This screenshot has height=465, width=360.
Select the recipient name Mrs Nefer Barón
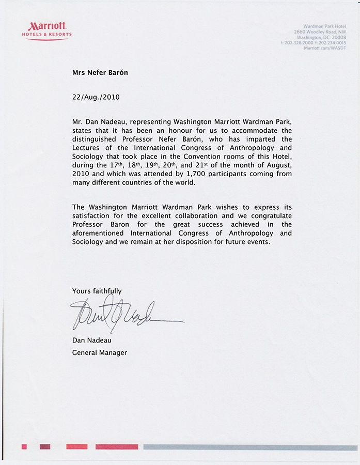click(100, 73)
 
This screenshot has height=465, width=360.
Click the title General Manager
click(99, 352)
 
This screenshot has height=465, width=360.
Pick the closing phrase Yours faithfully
click(97, 291)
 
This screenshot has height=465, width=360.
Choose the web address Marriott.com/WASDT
click(325, 47)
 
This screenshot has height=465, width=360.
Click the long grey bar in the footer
click(250, 447)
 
